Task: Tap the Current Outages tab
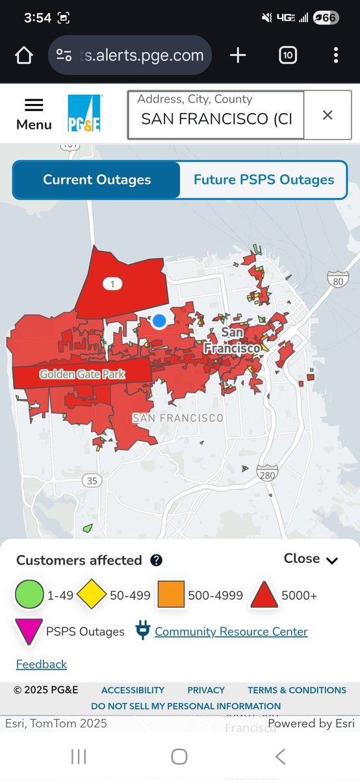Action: [x=97, y=180]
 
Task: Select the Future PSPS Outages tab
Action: [x=264, y=180]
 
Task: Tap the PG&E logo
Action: [x=84, y=114]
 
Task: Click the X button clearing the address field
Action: [x=328, y=115]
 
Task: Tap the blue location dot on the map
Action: [x=159, y=320]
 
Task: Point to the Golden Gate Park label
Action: [x=82, y=374]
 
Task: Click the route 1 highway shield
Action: [x=112, y=283]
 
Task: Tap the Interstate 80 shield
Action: [x=337, y=281]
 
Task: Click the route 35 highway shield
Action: [x=92, y=480]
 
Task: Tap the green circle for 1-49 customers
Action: [x=29, y=595]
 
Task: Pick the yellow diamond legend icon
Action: [x=92, y=595]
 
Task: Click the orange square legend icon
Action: [x=171, y=595]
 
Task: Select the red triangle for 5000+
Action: [x=264, y=595]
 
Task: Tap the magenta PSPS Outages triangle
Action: [x=29, y=632]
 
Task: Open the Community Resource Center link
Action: [x=231, y=632]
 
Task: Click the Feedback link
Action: [x=42, y=664]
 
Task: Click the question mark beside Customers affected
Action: [x=157, y=560]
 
